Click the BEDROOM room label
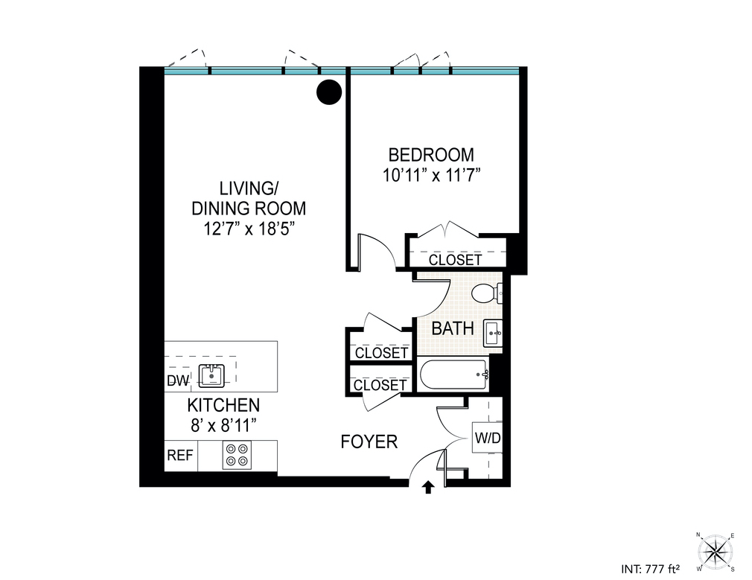431,155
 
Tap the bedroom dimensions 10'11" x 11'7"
432,176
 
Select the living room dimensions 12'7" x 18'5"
249,229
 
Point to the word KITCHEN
223,405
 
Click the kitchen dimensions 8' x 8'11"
223,425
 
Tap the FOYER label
369,442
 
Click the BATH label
453,328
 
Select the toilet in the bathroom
486,293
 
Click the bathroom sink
493,333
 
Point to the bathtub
453,375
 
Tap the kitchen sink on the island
211,376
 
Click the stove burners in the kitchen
238,455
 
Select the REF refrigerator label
180,455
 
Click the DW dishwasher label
178,381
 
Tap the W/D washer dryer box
487,438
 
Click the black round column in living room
329,92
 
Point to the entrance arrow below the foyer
428,488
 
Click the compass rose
716,551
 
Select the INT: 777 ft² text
650,570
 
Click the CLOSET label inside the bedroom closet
455,260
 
